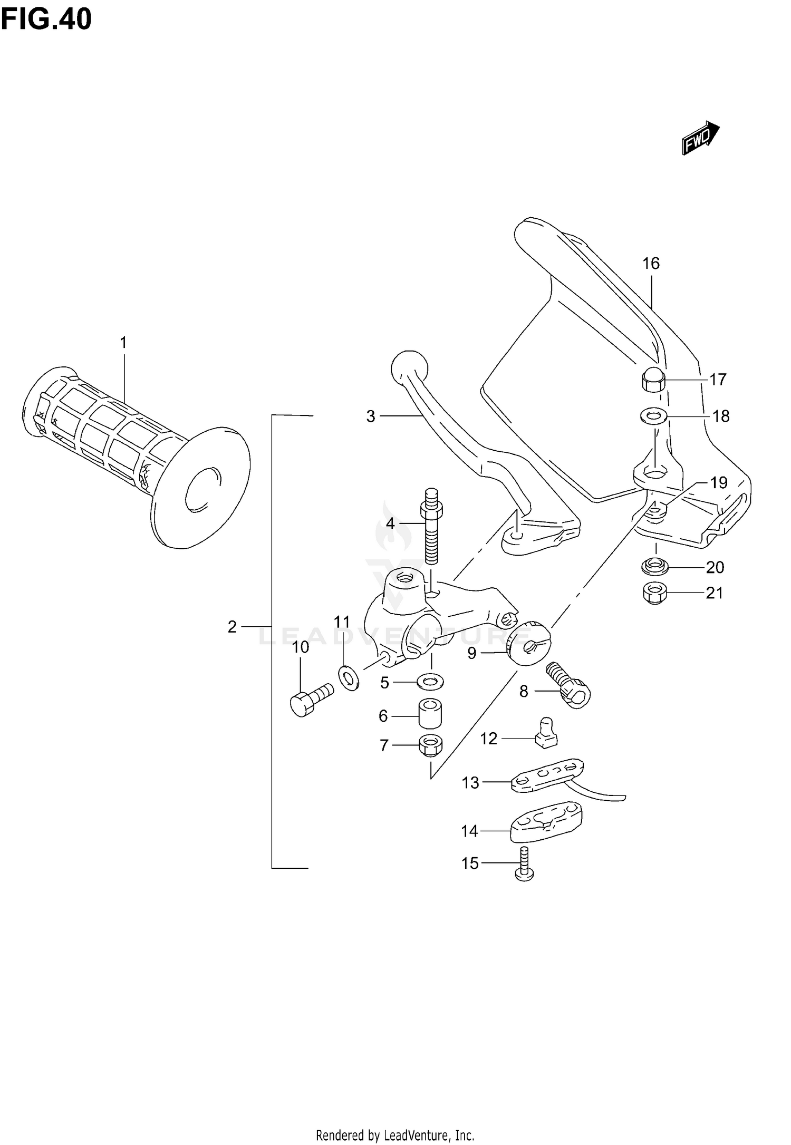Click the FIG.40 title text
pos(46,20)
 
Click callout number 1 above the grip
pos(123,343)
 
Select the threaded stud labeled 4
pos(431,532)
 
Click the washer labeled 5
pos(430,682)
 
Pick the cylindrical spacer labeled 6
pos(430,715)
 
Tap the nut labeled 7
pos(430,745)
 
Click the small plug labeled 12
pos(546,733)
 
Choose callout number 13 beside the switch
pos(470,783)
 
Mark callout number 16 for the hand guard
pos(651,264)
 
